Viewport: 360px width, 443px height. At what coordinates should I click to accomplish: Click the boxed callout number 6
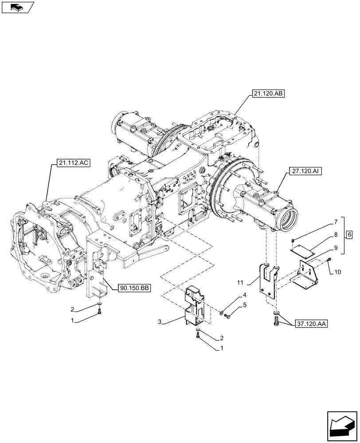coord(349,234)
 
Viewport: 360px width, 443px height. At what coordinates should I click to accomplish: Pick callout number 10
coord(338,272)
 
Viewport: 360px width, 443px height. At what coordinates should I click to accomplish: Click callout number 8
coord(336,234)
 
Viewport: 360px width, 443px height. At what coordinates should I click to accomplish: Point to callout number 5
coord(244,305)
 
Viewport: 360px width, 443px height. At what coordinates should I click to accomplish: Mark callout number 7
coord(336,220)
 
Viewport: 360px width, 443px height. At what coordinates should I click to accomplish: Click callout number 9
coord(336,248)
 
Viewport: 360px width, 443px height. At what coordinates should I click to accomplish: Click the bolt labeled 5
coord(228,315)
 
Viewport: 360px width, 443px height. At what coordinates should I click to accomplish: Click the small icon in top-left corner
coord(18,7)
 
